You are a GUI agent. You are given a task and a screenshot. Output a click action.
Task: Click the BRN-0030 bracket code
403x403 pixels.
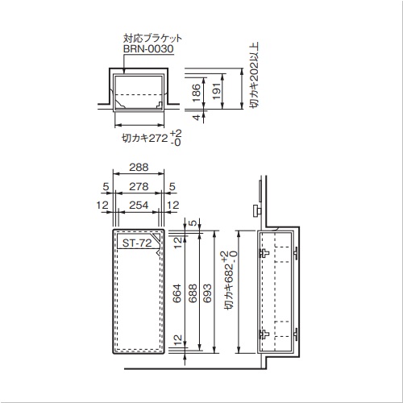148,49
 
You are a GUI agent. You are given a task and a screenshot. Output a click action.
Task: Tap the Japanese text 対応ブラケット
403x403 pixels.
152,38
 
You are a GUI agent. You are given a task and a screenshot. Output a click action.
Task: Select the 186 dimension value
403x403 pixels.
197,93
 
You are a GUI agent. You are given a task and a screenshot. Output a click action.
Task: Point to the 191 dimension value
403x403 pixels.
217,91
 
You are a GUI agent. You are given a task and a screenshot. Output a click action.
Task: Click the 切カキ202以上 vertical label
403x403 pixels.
254,75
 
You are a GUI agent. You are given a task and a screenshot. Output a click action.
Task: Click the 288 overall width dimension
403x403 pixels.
139,167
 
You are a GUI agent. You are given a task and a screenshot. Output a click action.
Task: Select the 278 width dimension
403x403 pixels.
139,186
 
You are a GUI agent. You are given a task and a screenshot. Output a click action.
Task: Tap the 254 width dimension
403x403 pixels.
139,206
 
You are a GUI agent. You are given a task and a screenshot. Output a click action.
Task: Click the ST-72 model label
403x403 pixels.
137,243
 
